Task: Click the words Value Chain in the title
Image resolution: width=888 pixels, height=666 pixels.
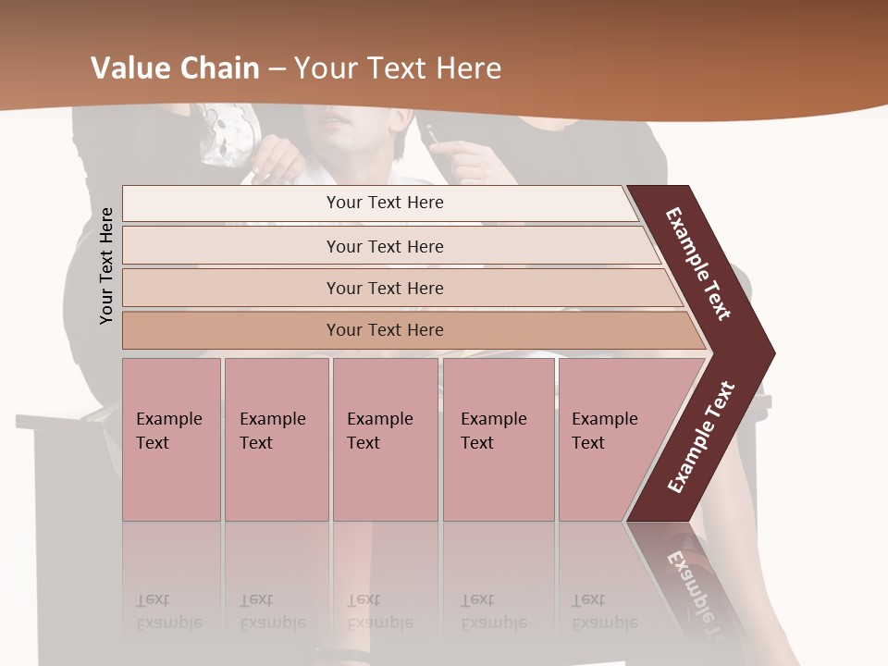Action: (175, 68)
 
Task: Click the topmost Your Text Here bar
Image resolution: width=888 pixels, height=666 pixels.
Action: (384, 203)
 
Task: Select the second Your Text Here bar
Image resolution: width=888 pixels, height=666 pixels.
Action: (384, 246)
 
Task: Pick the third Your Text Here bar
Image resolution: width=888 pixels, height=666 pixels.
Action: (384, 288)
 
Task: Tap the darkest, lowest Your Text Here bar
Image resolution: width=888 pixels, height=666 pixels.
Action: (384, 330)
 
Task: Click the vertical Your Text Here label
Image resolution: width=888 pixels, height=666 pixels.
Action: (106, 265)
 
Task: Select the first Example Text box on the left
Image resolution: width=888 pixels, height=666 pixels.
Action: (171, 438)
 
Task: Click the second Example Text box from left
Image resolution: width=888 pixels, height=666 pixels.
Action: (276, 438)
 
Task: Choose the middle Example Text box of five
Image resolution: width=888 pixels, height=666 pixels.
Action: (384, 438)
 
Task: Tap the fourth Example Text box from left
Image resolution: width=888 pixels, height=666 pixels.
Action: (498, 438)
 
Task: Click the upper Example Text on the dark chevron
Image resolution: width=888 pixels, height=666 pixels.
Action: (699, 264)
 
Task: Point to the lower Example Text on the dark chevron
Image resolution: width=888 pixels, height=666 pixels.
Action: (701, 437)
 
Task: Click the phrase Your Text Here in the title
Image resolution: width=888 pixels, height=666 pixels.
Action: (398, 68)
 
